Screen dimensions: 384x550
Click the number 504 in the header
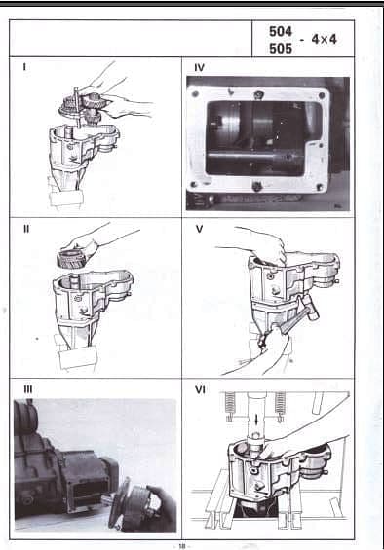click(281, 31)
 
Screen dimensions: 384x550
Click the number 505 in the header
click(281, 48)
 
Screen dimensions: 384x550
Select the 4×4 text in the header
click(324, 39)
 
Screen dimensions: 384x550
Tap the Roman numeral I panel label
click(24, 66)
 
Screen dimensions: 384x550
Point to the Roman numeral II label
click(26, 229)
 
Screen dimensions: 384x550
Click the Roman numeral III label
click(28, 389)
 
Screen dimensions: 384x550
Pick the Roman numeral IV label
click(199, 68)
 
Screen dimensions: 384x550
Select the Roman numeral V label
click(199, 229)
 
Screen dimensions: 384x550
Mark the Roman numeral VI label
click(200, 389)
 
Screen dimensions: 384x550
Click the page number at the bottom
click(182, 546)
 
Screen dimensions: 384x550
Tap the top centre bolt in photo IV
click(258, 94)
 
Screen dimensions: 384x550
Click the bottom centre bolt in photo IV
click(257, 186)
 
